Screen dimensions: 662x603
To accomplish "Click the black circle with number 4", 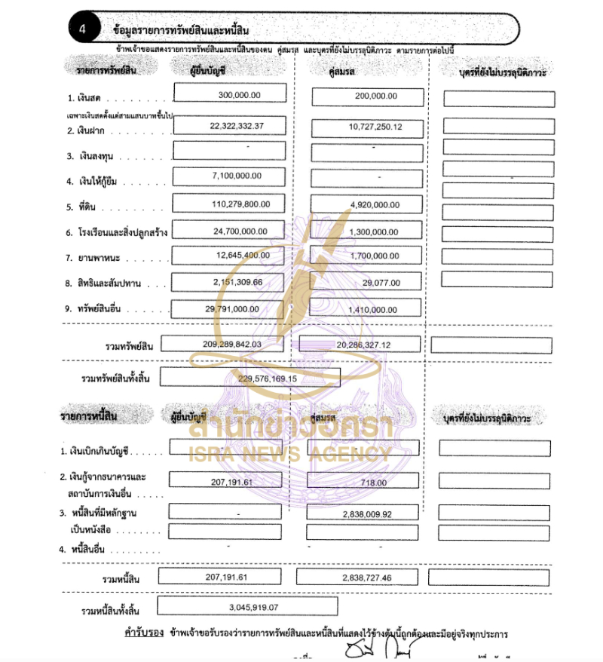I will click(82, 30).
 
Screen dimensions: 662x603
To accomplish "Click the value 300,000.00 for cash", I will click(240, 95).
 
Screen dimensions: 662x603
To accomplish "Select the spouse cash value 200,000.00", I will click(375, 97).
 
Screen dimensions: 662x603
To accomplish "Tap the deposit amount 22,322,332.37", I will click(237, 126).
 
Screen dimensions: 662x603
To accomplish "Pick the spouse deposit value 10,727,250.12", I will click(375, 127).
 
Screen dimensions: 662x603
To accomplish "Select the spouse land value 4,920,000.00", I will click(375, 204).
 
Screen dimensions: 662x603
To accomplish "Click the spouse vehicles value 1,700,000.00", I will click(375, 256).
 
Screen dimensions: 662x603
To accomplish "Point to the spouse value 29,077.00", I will click(381, 283).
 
